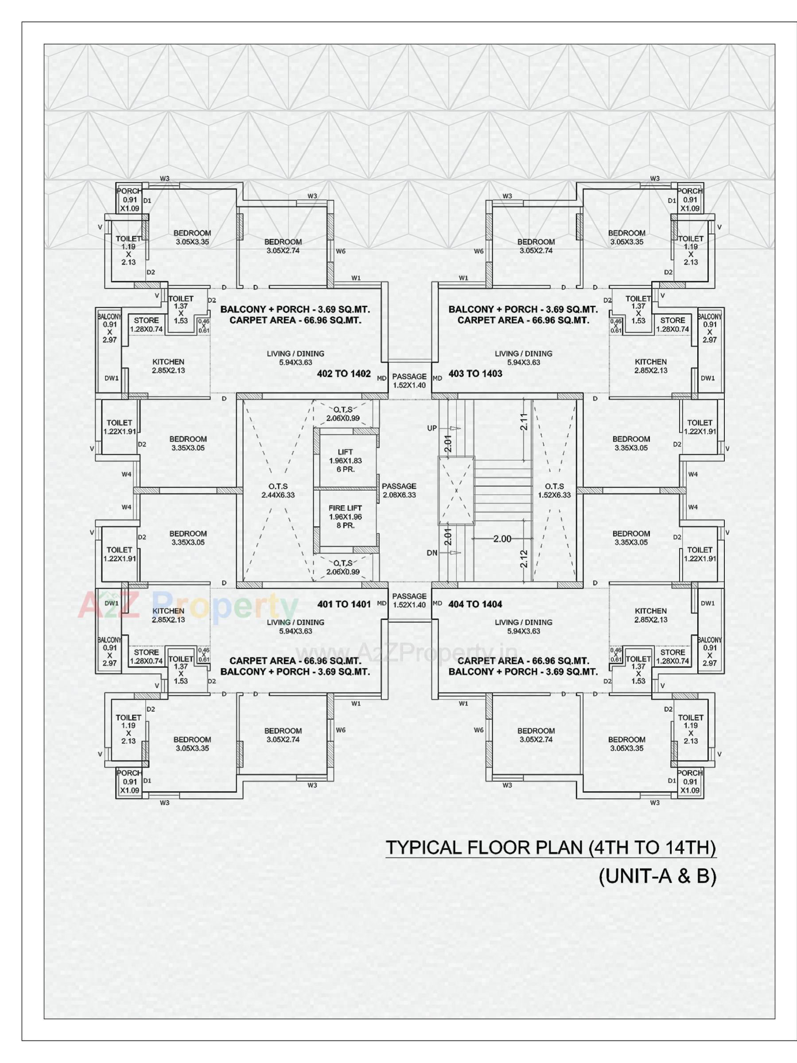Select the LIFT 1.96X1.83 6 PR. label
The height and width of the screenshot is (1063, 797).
345,460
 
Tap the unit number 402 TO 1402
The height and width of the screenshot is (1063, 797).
344,373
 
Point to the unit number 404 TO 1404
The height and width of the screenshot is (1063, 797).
475,604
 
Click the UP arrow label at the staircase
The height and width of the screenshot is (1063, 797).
432,428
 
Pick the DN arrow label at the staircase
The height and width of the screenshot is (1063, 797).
432,553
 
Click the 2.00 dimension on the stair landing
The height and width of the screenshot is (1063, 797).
502,539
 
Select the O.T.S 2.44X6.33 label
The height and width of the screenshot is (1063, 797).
278,490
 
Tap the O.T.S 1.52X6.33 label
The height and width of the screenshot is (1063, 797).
554,490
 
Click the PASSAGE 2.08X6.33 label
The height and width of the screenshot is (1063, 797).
399,490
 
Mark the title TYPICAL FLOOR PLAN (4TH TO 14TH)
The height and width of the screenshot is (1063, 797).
551,847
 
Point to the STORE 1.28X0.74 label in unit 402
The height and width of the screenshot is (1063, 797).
146,324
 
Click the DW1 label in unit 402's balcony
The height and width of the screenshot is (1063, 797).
112,378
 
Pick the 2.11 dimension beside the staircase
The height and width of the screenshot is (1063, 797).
524,422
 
